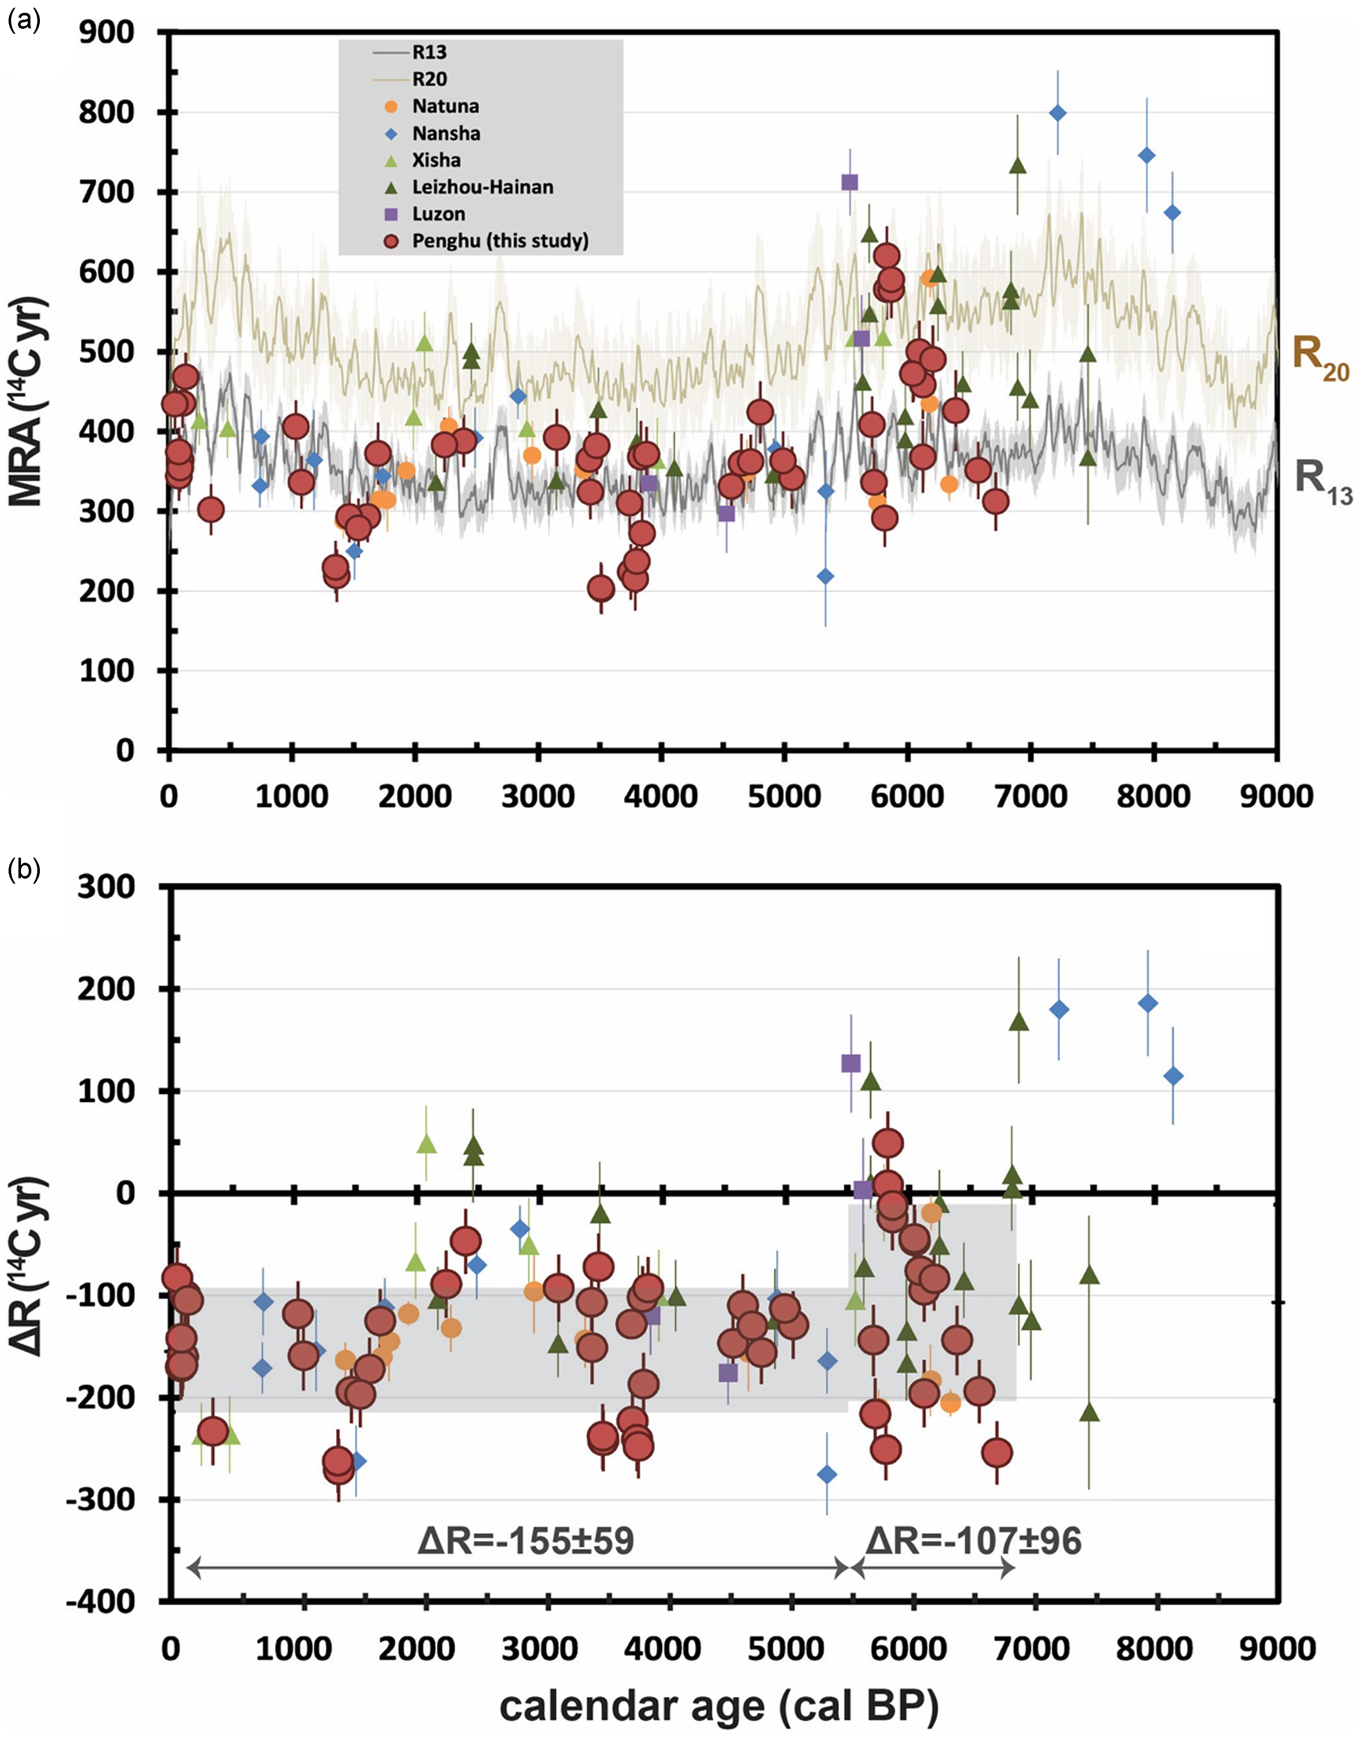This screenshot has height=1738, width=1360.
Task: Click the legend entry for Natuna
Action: click(x=444, y=106)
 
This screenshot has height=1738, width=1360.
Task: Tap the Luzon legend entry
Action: click(x=438, y=214)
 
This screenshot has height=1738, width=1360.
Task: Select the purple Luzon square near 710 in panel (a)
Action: click(x=850, y=182)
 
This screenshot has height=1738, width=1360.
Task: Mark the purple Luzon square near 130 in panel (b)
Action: click(x=850, y=1063)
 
